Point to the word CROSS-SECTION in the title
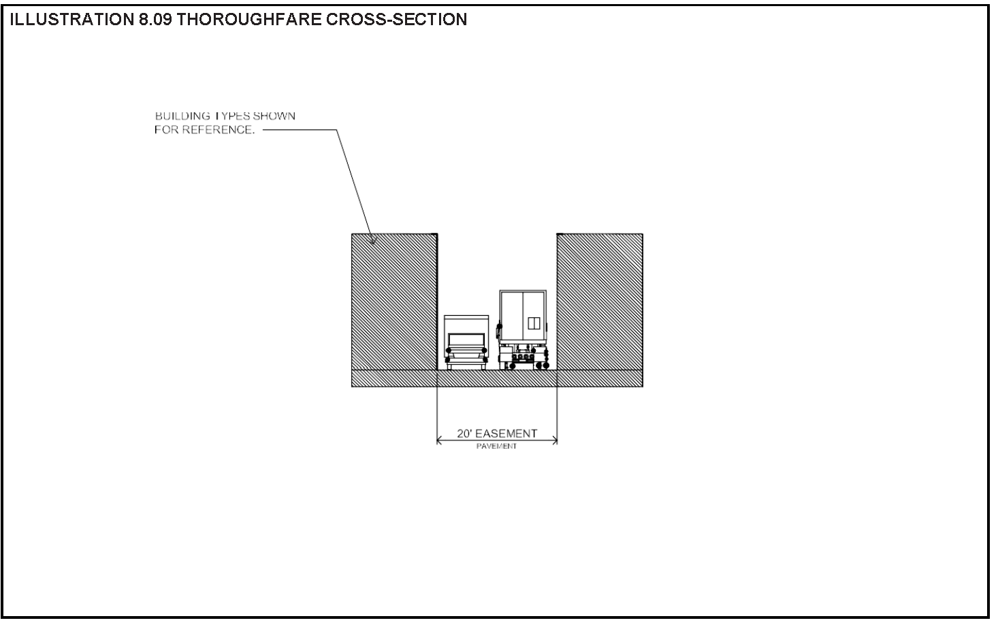[397, 19]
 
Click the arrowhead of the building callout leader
[372, 240]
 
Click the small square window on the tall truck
[534, 323]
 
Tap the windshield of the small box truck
[466, 338]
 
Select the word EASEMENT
[506, 434]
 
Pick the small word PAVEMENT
[496, 447]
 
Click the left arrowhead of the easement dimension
[439, 441]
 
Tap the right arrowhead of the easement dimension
[555, 441]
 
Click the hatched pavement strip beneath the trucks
[497, 378]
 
